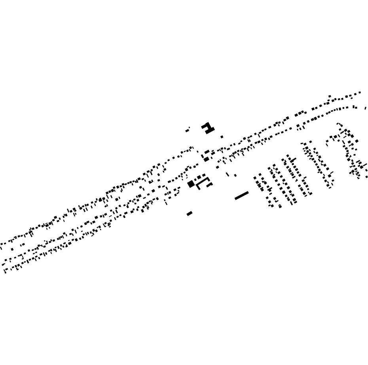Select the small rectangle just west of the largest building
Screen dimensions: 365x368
point(187,130)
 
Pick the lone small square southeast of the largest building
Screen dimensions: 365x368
point(222,137)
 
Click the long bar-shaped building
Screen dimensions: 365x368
point(241,196)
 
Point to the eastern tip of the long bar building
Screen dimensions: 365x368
point(248,193)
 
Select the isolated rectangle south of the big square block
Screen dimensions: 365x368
point(190,214)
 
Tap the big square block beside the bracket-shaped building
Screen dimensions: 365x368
point(191,184)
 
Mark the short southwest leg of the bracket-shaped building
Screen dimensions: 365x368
point(198,186)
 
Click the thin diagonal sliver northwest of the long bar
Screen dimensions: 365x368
point(228,174)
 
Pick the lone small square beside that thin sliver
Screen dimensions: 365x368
point(235,175)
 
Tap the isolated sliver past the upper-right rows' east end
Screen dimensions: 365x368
point(365,107)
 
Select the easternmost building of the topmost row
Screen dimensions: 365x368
point(360,93)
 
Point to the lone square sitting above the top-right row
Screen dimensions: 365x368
point(330,96)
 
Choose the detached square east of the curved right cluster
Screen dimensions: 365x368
point(357,141)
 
